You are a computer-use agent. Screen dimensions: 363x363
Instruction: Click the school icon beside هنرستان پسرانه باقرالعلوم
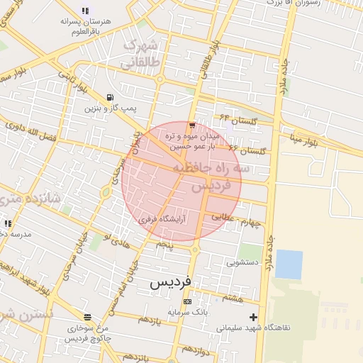(86, 11)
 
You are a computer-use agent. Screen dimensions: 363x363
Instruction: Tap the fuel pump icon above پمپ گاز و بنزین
(109, 97)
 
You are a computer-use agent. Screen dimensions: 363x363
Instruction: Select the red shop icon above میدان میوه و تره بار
(192, 125)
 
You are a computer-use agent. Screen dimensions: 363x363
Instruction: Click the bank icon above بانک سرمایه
(186, 301)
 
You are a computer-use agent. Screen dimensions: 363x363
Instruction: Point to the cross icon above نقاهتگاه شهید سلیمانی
(254, 317)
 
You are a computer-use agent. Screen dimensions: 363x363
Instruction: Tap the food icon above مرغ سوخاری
(87, 317)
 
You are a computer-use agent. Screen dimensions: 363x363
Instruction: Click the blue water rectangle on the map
(289, 264)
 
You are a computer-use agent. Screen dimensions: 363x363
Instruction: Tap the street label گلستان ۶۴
(235, 118)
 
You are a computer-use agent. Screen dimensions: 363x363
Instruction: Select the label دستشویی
(242, 262)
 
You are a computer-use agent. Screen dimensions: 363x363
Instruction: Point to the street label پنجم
(164, 244)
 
